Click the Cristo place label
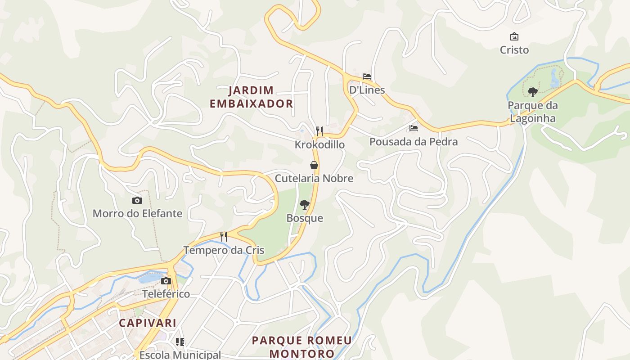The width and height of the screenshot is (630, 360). click(x=514, y=50)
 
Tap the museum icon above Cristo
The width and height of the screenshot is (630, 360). click(x=514, y=36)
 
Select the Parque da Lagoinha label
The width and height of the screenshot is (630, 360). click(x=532, y=112)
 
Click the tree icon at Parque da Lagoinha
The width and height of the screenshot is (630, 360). click(x=533, y=92)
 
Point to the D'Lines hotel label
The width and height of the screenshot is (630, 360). click(x=367, y=90)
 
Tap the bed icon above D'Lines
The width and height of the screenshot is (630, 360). click(x=367, y=76)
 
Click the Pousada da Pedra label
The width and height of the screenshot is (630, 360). click(x=414, y=142)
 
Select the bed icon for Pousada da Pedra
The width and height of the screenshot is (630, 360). click(x=414, y=128)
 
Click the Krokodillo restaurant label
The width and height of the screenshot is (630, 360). click(x=319, y=145)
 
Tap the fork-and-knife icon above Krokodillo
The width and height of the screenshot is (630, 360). click(x=319, y=131)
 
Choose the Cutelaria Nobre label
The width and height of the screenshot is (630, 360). click(x=314, y=179)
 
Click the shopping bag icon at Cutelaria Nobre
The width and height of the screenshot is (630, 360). click(x=314, y=165)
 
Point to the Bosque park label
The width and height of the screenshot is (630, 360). click(x=305, y=218)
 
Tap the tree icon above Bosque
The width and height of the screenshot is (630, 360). click(x=305, y=205)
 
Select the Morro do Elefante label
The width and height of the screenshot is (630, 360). click(x=137, y=214)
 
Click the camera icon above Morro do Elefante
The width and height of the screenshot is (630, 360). click(x=137, y=200)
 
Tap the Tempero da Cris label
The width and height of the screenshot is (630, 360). click(x=224, y=250)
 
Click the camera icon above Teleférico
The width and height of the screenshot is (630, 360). click(x=166, y=281)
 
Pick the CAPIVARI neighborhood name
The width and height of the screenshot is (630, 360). click(x=148, y=323)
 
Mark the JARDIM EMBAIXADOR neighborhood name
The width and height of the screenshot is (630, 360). click(x=251, y=97)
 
